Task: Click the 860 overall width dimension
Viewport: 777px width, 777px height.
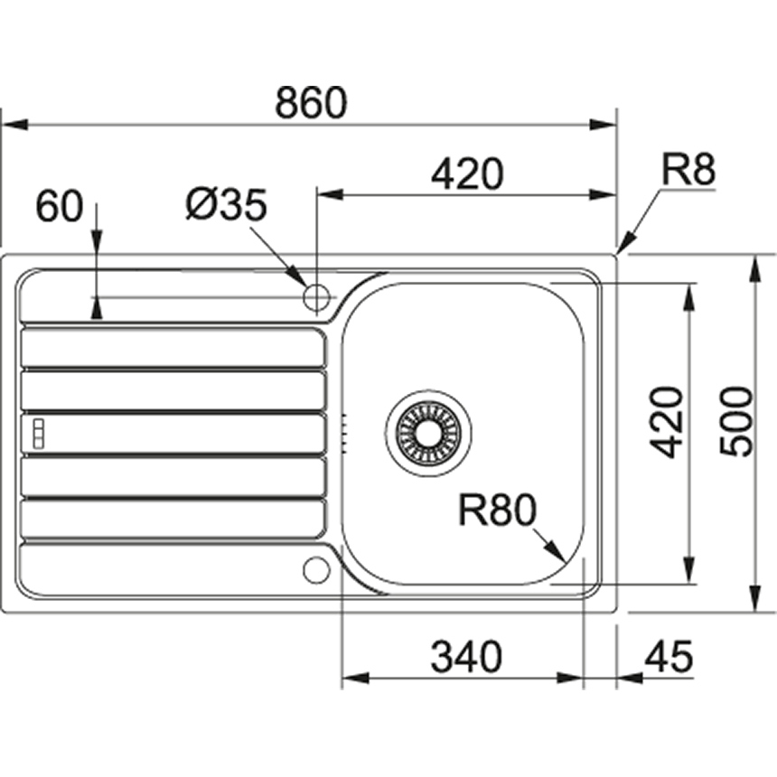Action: (x=310, y=104)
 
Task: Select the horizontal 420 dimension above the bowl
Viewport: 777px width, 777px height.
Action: (x=465, y=174)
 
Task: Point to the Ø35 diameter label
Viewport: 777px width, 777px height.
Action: (x=226, y=206)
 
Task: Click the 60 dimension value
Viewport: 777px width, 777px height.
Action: (x=59, y=207)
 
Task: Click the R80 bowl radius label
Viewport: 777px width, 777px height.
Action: (x=496, y=512)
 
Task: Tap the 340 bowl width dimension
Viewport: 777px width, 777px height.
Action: (x=465, y=658)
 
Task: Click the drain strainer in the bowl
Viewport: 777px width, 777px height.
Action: (x=427, y=430)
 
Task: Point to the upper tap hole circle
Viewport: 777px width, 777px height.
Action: (x=317, y=295)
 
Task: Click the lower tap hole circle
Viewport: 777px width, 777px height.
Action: (x=316, y=569)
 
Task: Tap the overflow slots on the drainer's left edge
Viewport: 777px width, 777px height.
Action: (x=38, y=433)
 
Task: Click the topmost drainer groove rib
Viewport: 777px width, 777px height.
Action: (x=172, y=347)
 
